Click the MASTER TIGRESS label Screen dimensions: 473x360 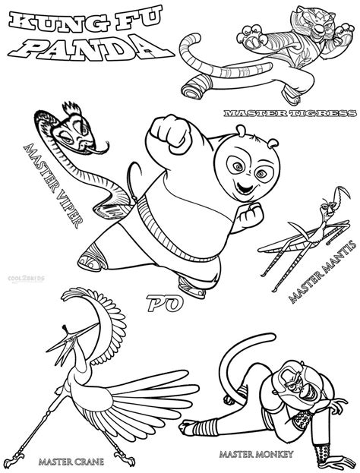pos(289,114)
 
